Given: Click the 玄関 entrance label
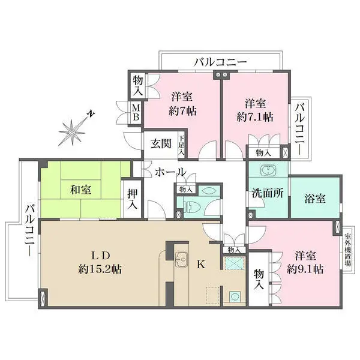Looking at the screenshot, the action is click(x=161, y=144).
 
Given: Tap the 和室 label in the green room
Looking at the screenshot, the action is click(x=80, y=190).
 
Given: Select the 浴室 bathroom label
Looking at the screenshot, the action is click(x=315, y=199).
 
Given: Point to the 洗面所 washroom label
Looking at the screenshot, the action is click(x=268, y=193).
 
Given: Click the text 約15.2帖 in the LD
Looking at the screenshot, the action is click(x=100, y=269).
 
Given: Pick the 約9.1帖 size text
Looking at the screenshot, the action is click(x=305, y=269).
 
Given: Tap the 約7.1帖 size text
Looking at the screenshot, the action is click(x=255, y=118).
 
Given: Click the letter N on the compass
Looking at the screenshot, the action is click(x=92, y=114).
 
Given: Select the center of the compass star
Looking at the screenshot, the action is click(x=72, y=132).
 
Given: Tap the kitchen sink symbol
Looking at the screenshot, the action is click(x=181, y=259).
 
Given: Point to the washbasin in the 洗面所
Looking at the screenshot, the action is click(x=268, y=170).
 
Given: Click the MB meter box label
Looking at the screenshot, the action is click(x=136, y=112).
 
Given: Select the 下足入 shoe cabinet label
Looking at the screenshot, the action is click(x=182, y=145).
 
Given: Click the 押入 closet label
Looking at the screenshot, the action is click(x=133, y=199).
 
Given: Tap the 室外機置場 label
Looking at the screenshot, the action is click(x=348, y=250).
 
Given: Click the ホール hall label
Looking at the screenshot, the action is click(x=170, y=172).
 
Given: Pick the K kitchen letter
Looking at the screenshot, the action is click(x=201, y=265).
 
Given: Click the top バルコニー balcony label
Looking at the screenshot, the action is click(x=220, y=62).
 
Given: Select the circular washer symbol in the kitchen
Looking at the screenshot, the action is click(x=235, y=296).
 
